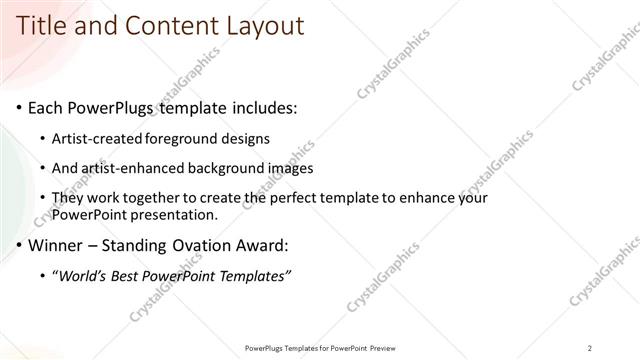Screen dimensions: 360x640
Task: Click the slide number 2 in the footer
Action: point(590,348)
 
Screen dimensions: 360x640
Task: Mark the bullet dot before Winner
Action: point(19,246)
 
